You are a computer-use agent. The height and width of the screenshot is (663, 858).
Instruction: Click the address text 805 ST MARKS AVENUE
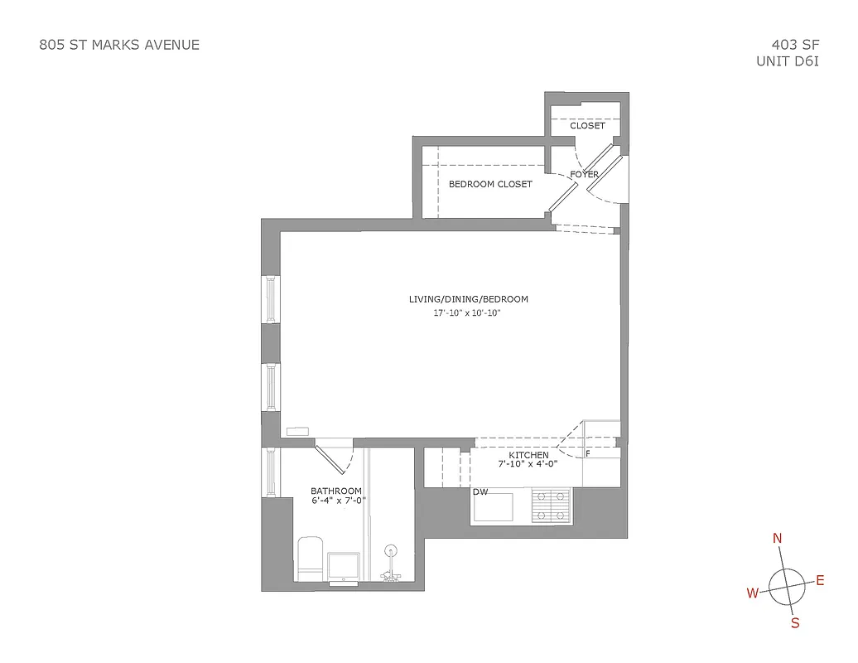119,45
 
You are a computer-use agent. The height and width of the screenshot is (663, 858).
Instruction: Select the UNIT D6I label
787,61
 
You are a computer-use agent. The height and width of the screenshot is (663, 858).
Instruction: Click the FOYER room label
584,175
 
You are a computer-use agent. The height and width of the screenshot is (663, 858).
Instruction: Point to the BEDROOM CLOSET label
490,184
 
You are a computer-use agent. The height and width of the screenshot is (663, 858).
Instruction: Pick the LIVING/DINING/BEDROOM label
468,299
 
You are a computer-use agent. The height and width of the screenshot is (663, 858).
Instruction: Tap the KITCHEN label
528,455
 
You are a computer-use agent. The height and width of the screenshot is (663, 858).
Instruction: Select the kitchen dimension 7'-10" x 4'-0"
528,465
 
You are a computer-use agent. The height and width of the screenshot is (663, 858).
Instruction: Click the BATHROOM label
336,491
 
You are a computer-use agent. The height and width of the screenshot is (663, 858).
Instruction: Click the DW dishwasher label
480,491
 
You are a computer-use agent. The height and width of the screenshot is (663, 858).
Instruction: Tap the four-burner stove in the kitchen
551,506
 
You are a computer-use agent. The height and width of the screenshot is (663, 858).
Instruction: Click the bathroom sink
343,567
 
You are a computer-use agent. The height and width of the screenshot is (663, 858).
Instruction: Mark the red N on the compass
777,539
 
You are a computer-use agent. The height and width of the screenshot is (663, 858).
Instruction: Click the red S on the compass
795,623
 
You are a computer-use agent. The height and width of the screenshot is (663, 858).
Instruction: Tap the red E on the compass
820,580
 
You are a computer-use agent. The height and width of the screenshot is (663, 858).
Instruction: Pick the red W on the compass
753,593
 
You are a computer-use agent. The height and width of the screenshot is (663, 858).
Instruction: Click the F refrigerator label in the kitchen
587,454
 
